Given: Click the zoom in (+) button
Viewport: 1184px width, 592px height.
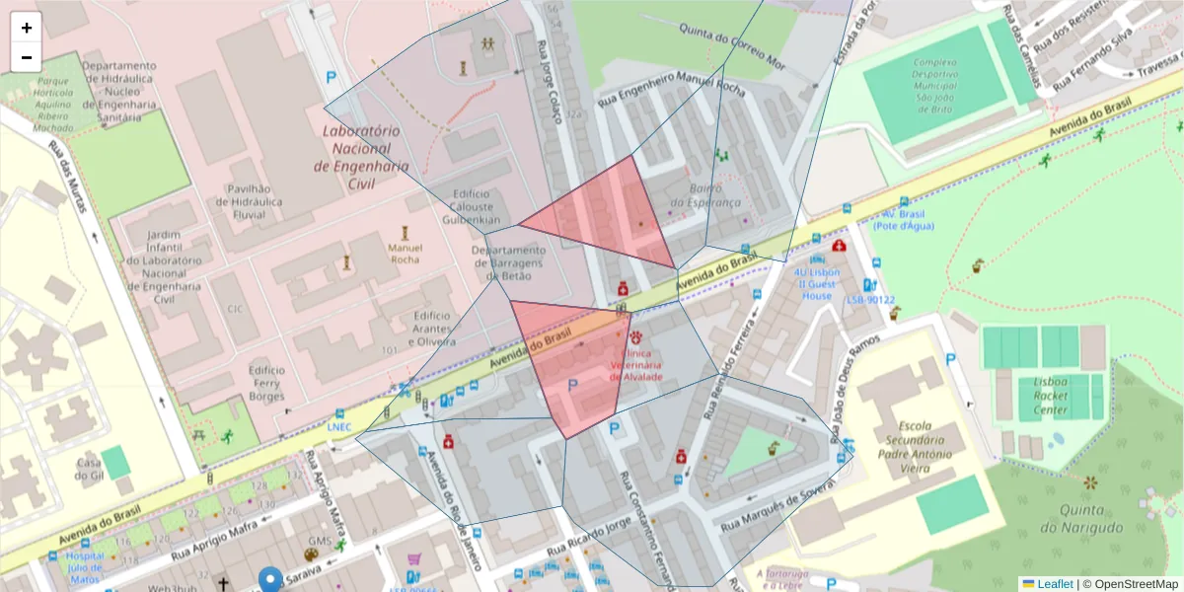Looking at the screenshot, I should [x=27, y=28].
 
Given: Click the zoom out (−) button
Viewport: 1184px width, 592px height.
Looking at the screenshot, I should [x=27, y=57].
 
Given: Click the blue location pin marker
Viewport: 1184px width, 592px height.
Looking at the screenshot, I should [x=270, y=580].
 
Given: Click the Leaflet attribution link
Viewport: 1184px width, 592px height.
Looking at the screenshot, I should [x=1054, y=584].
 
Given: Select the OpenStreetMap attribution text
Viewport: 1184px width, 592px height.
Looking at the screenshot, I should [x=1135, y=584].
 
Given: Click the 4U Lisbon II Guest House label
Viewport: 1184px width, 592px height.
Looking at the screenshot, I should [x=817, y=283].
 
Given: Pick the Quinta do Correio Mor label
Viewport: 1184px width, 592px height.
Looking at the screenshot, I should [x=734, y=49].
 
